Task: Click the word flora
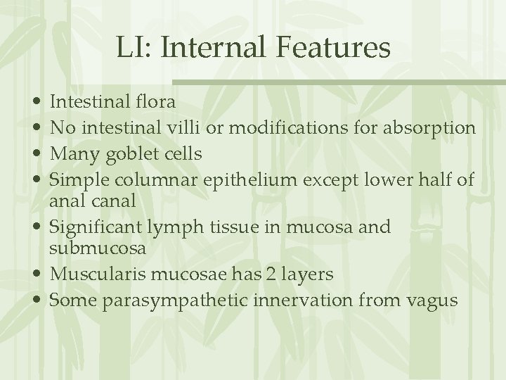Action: [153, 102]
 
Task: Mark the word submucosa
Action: [98, 248]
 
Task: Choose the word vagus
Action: [434, 300]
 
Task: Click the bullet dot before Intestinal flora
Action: [35, 103]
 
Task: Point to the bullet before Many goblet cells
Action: [35, 153]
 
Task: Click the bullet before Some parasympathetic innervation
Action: [35, 300]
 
